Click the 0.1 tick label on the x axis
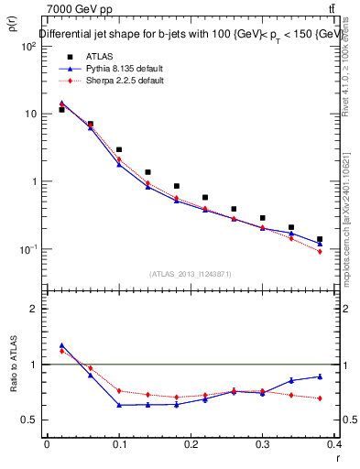(119, 444)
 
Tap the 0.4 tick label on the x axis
(336, 444)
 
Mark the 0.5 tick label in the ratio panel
(31, 420)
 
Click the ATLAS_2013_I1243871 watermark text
(191, 274)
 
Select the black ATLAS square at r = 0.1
(119, 149)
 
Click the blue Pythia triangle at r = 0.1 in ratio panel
(119, 404)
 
